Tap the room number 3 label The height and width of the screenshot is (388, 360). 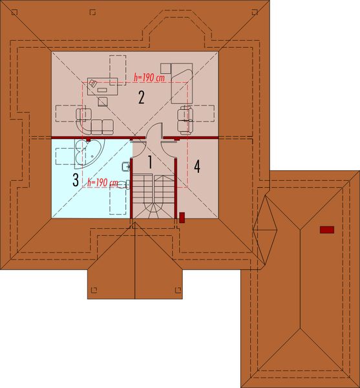[76, 178]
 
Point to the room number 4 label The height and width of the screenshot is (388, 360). [197, 166]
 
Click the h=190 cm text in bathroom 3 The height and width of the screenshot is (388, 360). [103, 183]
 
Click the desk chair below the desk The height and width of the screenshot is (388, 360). [103, 101]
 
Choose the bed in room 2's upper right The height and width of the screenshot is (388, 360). [182, 80]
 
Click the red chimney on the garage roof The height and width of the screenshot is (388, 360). [327, 229]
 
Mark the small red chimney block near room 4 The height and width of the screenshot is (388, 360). [182, 218]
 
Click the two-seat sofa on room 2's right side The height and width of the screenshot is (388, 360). [185, 115]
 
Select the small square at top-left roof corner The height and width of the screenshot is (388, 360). [92, 12]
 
